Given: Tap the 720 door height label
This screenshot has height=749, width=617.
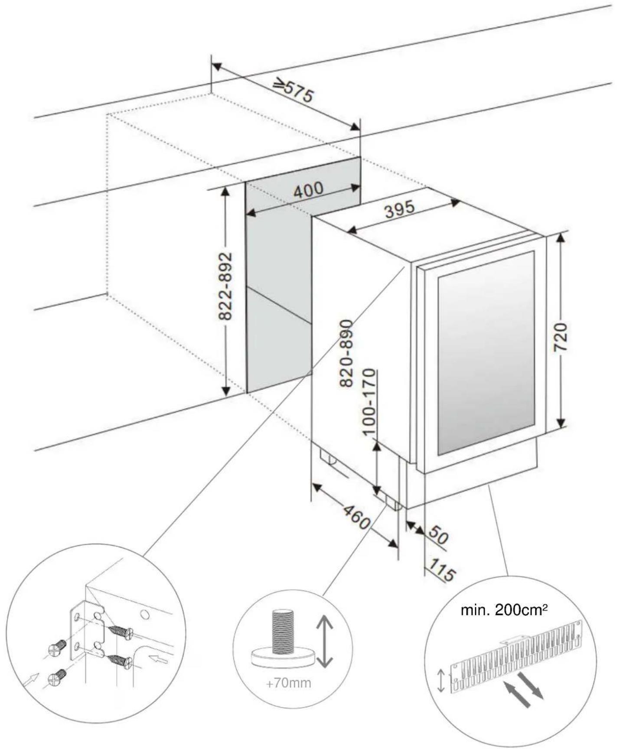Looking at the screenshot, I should click(x=561, y=337).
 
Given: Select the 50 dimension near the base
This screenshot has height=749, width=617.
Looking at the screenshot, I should click(x=438, y=537).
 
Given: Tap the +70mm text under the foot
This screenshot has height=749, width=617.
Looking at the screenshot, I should click(x=288, y=683).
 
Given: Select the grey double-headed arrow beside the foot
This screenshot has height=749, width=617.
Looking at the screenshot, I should click(x=324, y=642).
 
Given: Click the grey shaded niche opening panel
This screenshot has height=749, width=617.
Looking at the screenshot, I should click(x=277, y=260).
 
